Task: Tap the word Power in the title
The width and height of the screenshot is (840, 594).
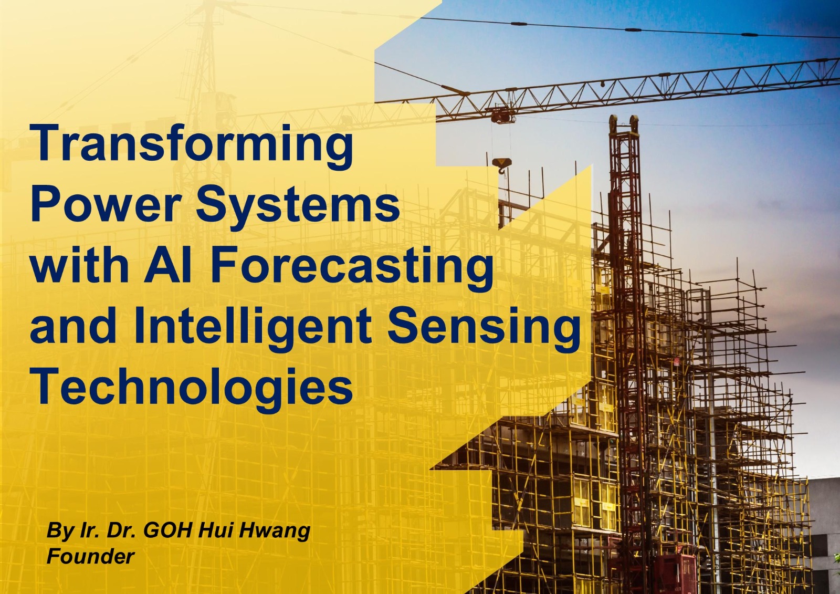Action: [106, 205]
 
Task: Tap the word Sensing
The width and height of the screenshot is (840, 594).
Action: [484, 327]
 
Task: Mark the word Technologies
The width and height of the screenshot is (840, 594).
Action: [192, 387]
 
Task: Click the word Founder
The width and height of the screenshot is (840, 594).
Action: [90, 557]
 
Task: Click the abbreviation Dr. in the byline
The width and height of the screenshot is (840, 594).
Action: [121, 530]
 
